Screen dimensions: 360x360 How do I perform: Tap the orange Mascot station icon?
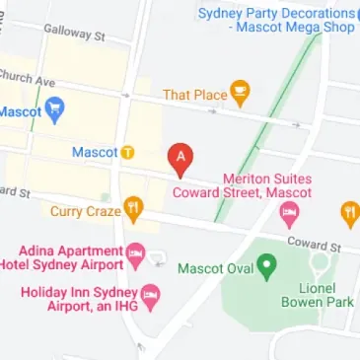point(128,153)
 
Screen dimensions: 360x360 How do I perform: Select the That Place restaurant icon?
point(239,94)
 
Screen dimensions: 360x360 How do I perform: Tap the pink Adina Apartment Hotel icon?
point(136,256)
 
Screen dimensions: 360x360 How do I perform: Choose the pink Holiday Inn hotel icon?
point(150,294)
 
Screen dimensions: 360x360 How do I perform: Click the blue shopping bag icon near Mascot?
point(57,110)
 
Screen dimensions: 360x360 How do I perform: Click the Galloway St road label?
point(74,34)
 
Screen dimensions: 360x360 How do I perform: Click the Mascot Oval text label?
point(215,267)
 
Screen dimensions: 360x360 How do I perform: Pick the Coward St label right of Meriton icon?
point(313,242)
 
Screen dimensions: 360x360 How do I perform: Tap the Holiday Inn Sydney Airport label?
point(79,300)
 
